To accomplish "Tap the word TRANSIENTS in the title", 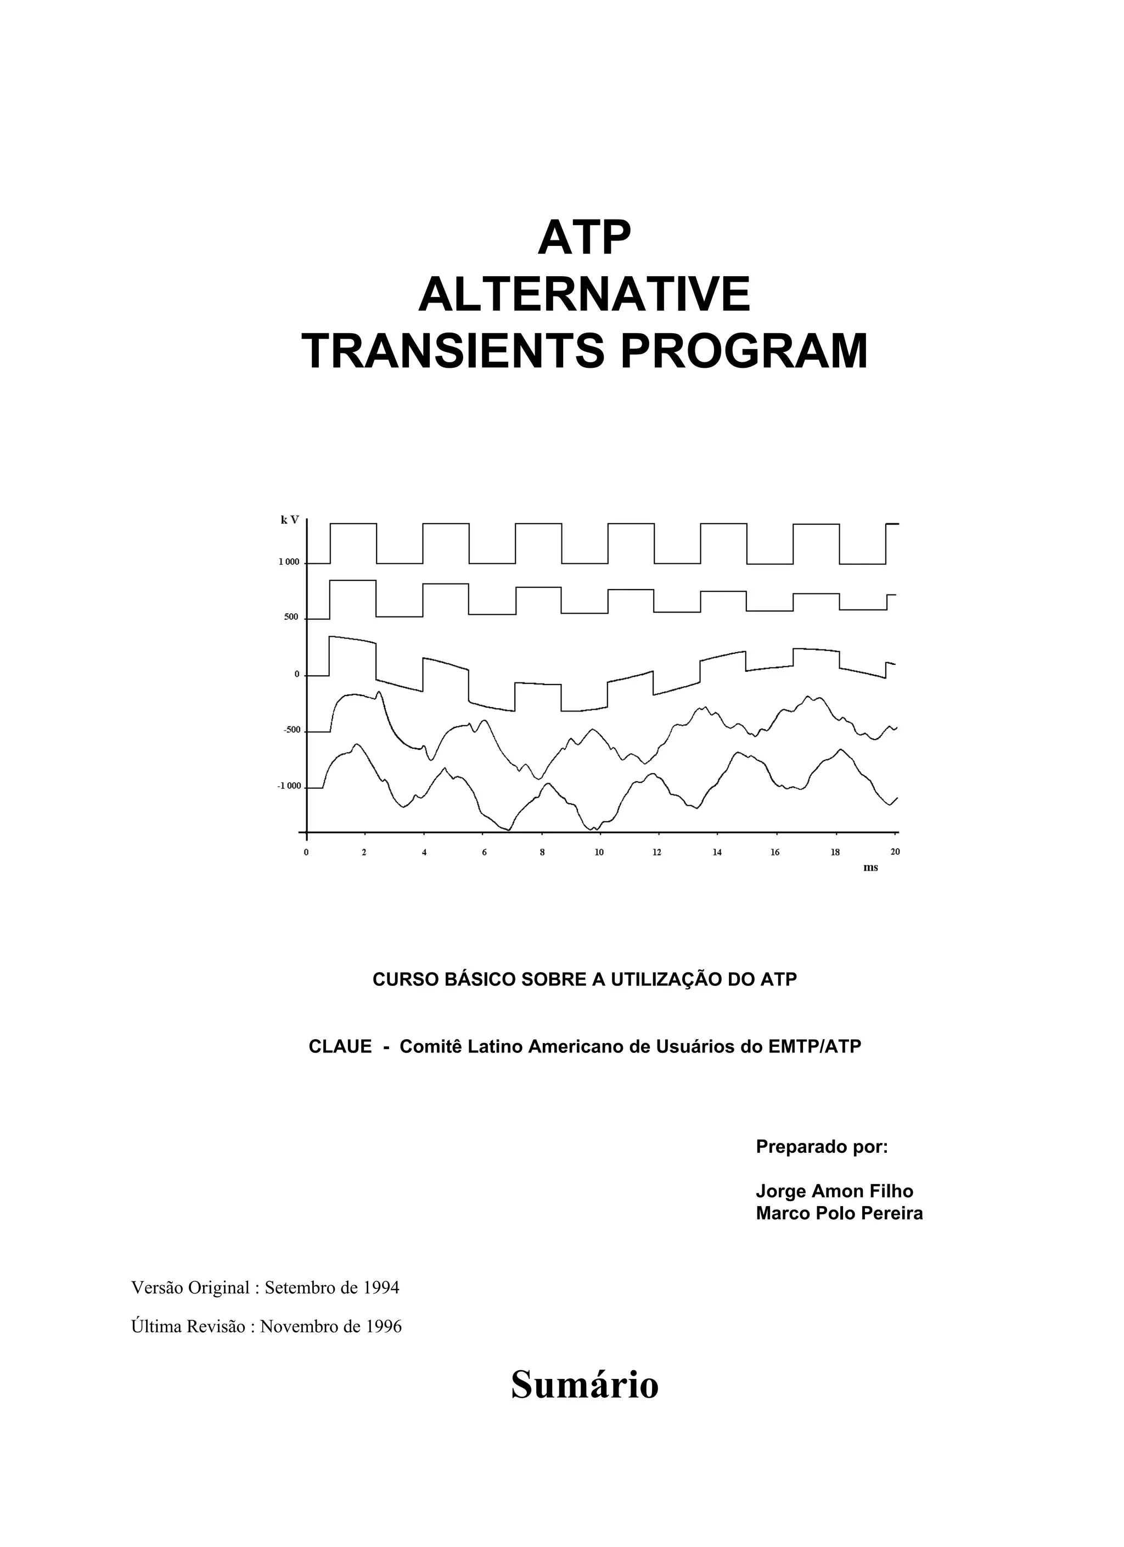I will coord(453,351).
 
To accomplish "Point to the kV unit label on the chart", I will coord(290,520).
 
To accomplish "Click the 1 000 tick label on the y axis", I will coord(289,562).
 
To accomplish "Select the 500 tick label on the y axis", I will coord(291,617).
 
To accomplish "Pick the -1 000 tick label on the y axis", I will coord(289,787).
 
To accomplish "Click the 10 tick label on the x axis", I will coord(598,852).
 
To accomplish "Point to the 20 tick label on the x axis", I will coord(895,851).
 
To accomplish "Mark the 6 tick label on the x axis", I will coord(484,852).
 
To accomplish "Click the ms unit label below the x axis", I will coord(870,867).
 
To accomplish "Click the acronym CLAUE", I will coord(340,1046).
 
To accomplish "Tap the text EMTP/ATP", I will coord(814,1046).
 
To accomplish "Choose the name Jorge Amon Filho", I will coord(834,1191).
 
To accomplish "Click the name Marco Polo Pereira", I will coord(839,1213).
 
